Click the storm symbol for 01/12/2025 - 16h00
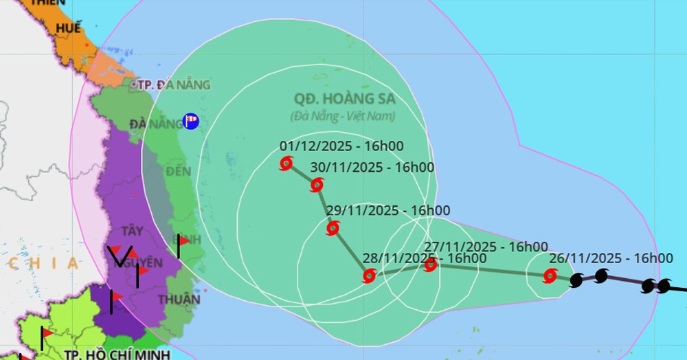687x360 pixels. click(286, 164)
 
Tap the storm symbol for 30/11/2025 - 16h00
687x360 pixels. click(317, 185)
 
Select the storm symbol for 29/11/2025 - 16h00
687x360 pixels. click(333, 228)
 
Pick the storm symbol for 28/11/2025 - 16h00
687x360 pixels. click(369, 276)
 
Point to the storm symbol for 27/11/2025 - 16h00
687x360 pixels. click(431, 265)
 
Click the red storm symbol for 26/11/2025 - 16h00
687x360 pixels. click(550, 276)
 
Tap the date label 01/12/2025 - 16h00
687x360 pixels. click(341, 146)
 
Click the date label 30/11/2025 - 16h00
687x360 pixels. click(372, 167)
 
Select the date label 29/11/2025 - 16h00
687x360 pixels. click(388, 210)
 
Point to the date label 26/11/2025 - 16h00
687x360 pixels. click(611, 258)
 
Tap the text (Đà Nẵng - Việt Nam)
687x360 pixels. click(343, 116)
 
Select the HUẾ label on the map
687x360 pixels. click(69, 28)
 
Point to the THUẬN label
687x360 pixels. click(179, 300)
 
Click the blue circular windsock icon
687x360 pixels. click(191, 122)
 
